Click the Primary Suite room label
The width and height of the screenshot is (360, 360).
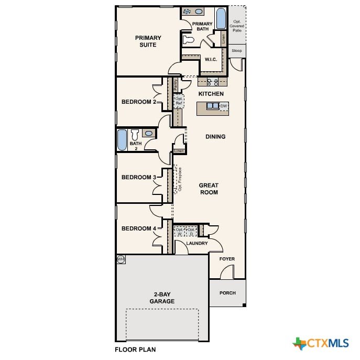pyautogui.click(x=148, y=41)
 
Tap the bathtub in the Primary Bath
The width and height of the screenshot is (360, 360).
pyautogui.click(x=221, y=18)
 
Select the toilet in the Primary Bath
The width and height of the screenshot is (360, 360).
pyautogui.click(x=189, y=40)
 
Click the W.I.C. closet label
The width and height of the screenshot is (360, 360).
pyautogui.click(x=211, y=59)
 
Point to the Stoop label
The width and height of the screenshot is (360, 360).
pyautogui.click(x=237, y=50)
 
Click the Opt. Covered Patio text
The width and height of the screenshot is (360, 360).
pyautogui.click(x=237, y=26)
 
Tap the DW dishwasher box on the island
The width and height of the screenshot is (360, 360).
pyautogui.click(x=224, y=106)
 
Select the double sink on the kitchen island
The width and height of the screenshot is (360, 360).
pyautogui.click(x=213, y=106)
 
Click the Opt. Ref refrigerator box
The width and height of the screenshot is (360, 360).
pyautogui.click(x=179, y=101)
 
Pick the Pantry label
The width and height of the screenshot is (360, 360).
pyautogui.click(x=176, y=85)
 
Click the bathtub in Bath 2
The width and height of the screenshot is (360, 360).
pyautogui.click(x=122, y=140)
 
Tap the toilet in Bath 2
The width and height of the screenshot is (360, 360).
pyautogui.click(x=135, y=135)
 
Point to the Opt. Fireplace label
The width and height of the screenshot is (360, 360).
pyautogui.click(x=180, y=179)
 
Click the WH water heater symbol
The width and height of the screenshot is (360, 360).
pyautogui.click(x=121, y=259)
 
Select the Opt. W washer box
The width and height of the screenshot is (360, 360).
pyautogui.click(x=179, y=232)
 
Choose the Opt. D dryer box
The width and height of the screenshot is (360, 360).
pyautogui.click(x=191, y=232)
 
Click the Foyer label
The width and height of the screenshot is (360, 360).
pyautogui.click(x=227, y=259)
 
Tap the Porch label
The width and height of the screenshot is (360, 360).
pyautogui.click(x=227, y=293)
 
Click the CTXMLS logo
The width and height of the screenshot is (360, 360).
pyautogui.click(x=321, y=343)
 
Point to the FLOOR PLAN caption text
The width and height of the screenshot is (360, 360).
pyautogui.click(x=135, y=350)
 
